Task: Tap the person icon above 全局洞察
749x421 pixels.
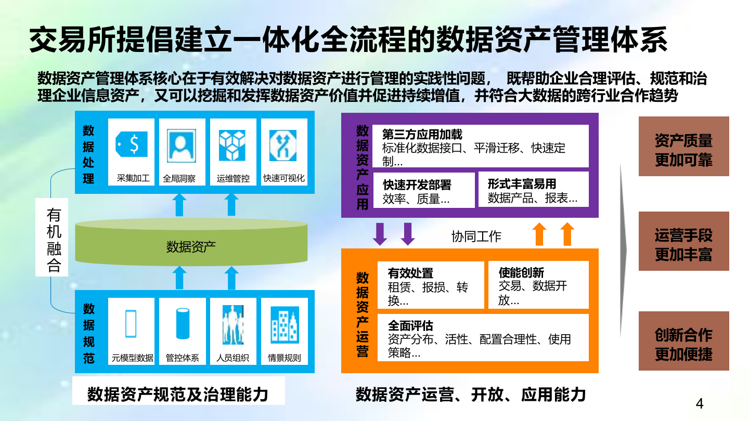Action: [182, 145]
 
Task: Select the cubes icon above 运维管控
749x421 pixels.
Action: [232, 145]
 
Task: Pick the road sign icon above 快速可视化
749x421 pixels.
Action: [283, 145]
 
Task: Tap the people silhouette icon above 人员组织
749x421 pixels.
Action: [233, 324]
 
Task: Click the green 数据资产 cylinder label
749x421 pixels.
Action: [191, 247]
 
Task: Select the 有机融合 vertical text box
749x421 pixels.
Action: [54, 241]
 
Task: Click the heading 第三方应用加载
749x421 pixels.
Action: [422, 135]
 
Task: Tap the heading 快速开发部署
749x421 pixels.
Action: [417, 185]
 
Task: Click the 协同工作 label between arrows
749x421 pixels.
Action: [476, 236]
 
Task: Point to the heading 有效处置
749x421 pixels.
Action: [410, 273]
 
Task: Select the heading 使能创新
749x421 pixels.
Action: [521, 272]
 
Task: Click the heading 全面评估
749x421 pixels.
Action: [410, 326]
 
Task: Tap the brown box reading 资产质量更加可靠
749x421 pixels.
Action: [683, 150]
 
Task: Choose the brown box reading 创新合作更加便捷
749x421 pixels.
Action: [683, 344]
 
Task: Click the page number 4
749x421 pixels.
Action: [700, 404]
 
